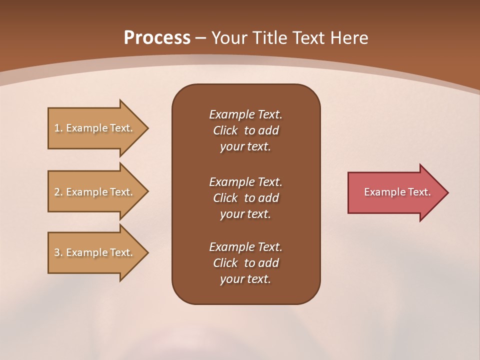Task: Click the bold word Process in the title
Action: click(157, 38)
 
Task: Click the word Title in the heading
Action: click(270, 38)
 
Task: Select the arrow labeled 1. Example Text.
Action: click(95, 128)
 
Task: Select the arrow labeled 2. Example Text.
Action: click(95, 192)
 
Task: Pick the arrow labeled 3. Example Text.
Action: click(95, 252)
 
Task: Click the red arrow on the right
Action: click(395, 192)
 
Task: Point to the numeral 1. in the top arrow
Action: click(58, 128)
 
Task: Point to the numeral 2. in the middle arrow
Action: click(58, 192)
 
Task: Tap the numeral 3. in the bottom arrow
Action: click(58, 252)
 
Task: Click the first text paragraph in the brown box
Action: click(245, 130)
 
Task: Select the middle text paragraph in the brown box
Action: click(245, 197)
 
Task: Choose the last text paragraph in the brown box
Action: click(245, 263)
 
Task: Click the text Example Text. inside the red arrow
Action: click(397, 192)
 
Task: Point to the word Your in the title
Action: click(229, 38)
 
